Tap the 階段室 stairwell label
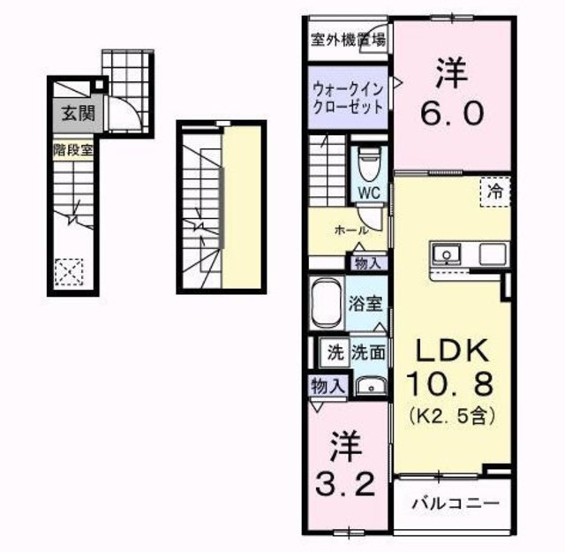tap(73, 149)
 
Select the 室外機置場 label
tap(347, 39)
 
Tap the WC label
tap(369, 192)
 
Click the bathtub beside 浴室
tap(327, 303)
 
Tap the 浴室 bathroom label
tap(365, 305)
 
